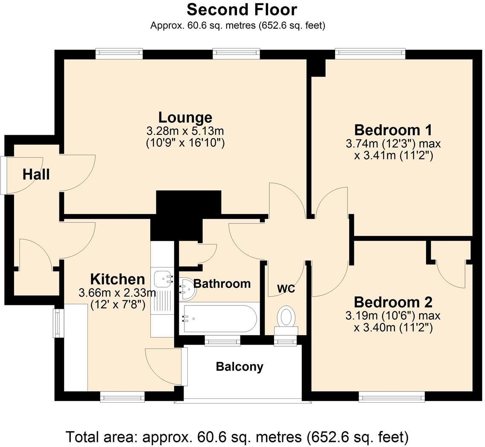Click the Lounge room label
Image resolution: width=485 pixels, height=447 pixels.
185,117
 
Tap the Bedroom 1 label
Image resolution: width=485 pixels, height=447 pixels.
393,130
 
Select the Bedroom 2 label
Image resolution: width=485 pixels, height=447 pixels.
393,302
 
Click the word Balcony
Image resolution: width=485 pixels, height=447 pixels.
240,367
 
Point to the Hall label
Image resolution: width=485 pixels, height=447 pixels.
36,174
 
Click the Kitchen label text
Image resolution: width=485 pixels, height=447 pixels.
117,279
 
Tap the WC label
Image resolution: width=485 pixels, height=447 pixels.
286,289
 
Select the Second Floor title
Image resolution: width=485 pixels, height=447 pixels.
242,9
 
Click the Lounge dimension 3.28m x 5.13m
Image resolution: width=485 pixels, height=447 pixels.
185,131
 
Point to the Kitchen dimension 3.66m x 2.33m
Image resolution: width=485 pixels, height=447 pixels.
117,293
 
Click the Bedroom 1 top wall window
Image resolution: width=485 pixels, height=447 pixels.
370,53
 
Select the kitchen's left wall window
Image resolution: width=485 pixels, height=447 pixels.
58,323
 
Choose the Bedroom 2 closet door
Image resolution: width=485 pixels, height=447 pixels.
450,273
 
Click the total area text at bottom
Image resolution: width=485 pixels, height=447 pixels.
237,437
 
